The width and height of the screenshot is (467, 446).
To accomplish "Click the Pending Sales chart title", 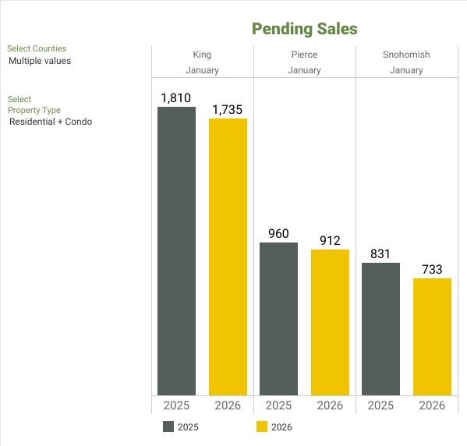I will point(304,29).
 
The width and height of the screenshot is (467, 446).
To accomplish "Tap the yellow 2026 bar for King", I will point(228,257).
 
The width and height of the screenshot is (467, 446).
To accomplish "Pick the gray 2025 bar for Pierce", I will point(278,319).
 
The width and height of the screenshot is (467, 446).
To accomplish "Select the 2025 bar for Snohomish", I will point(380,329).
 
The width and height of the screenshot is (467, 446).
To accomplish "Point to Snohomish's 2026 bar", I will point(432,337).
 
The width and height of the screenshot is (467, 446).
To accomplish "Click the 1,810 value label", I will point(176,98).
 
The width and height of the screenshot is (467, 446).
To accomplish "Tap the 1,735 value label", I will point(228,110).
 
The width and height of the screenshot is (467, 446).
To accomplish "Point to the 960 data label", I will point(278,234).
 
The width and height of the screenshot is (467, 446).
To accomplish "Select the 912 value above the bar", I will point(330,241).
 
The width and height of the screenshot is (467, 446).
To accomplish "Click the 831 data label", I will point(380,254).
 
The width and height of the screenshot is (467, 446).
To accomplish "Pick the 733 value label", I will point(432,270).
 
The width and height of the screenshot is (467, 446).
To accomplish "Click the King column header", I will point(202,55).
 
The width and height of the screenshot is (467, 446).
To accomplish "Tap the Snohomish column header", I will point(406,55).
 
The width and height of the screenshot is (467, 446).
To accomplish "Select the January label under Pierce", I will point(304,70).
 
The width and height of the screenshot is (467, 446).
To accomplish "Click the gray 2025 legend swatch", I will point(168,427).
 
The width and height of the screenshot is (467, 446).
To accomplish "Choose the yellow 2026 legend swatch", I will point(262,427).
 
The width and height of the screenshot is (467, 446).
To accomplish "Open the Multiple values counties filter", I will point(40,61).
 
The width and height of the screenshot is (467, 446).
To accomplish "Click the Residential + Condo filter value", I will point(51,122).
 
